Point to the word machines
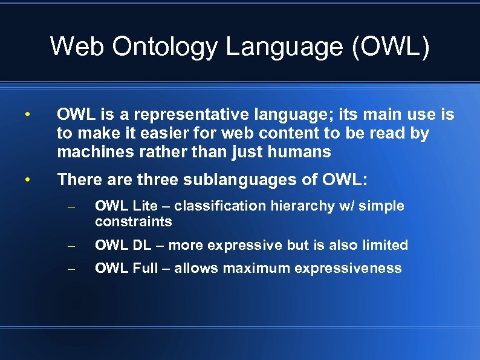(x=92, y=152)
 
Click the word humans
(x=302, y=152)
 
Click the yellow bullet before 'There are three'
(x=28, y=180)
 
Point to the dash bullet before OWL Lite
(x=70, y=207)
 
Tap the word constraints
(x=133, y=222)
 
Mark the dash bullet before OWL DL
(x=70, y=246)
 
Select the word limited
(x=384, y=245)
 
